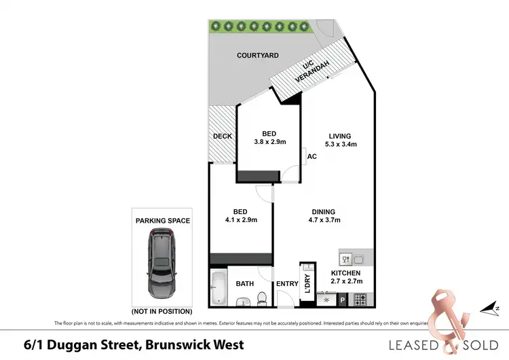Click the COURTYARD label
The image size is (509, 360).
pos(257,56)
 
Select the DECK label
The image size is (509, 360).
pos(223,136)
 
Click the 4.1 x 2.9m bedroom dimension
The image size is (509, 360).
pos(240,220)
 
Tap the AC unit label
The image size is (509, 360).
pos(312,156)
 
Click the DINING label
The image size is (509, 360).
pos(324,211)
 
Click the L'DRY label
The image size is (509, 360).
pos(307,280)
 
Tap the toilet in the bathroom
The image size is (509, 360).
pos(261,299)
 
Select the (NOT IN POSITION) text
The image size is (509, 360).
pos(162,311)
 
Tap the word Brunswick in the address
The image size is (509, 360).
pos(172,344)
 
